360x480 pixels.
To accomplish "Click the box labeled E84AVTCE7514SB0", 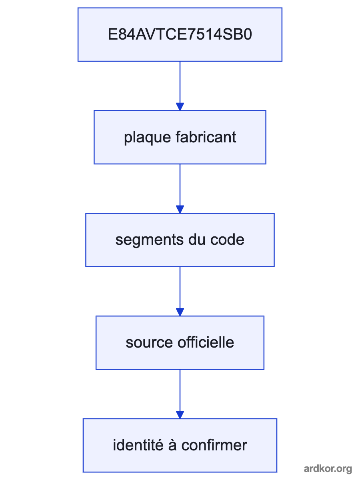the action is pos(180,34).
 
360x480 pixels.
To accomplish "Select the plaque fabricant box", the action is pos(180,137).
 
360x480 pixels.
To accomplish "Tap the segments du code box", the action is pos(180,240).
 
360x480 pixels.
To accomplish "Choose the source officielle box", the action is pos(180,343).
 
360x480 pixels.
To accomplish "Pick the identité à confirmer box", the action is pos(180,446).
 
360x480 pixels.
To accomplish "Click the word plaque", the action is pos(147,138).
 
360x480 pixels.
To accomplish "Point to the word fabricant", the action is pos(206,137).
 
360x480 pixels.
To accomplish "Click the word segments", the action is pos(150,240).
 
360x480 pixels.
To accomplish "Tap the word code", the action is pos(227,240).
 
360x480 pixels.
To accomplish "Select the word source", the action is pos(149,343).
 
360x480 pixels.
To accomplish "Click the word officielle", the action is pos(206,342).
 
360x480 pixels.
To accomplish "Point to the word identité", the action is pos(138,445).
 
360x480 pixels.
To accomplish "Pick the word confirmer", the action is pos(214,445).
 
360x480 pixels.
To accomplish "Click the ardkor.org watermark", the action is pos(328,469).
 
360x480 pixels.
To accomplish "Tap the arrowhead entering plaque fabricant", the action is pos(180,106).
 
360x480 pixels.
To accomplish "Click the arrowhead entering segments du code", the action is pos(180,209).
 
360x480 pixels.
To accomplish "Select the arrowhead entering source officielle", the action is pos(180,312).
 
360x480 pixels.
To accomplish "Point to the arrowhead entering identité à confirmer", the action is pos(180,415).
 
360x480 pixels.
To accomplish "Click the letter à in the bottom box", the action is pos(172,445).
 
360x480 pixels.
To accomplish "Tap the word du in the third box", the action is pos(197,240).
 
